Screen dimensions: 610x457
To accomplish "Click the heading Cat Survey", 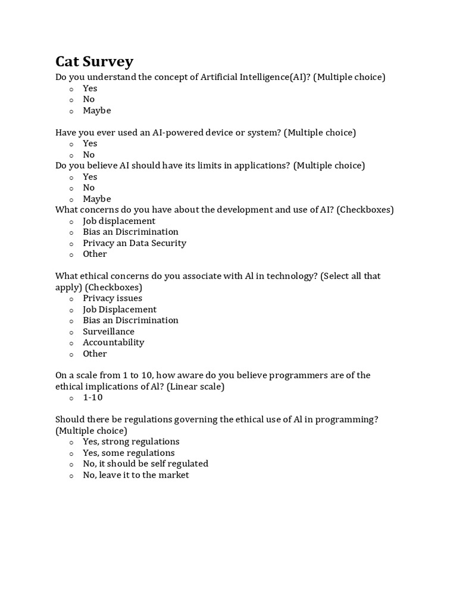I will click(x=95, y=61).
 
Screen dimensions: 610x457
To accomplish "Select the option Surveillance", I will click(x=108, y=331).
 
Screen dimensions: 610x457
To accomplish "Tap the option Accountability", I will click(x=113, y=343).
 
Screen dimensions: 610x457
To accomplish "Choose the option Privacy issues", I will click(x=112, y=298).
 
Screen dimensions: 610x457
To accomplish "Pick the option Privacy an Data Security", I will click(x=134, y=243).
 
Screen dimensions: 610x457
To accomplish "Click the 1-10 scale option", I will click(x=93, y=397).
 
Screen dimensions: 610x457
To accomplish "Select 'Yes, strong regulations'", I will click(x=131, y=441).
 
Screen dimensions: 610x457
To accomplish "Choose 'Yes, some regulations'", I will click(x=129, y=453).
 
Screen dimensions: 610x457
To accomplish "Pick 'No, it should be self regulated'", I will click(x=145, y=463).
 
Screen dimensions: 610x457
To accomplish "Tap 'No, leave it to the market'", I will click(x=136, y=475).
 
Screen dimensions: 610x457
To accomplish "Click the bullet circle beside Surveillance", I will click(x=71, y=332).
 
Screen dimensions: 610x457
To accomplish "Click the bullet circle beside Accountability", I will click(x=71, y=344).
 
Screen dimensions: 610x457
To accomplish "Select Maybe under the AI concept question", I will click(x=97, y=110).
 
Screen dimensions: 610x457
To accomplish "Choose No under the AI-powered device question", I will click(x=89, y=155).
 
